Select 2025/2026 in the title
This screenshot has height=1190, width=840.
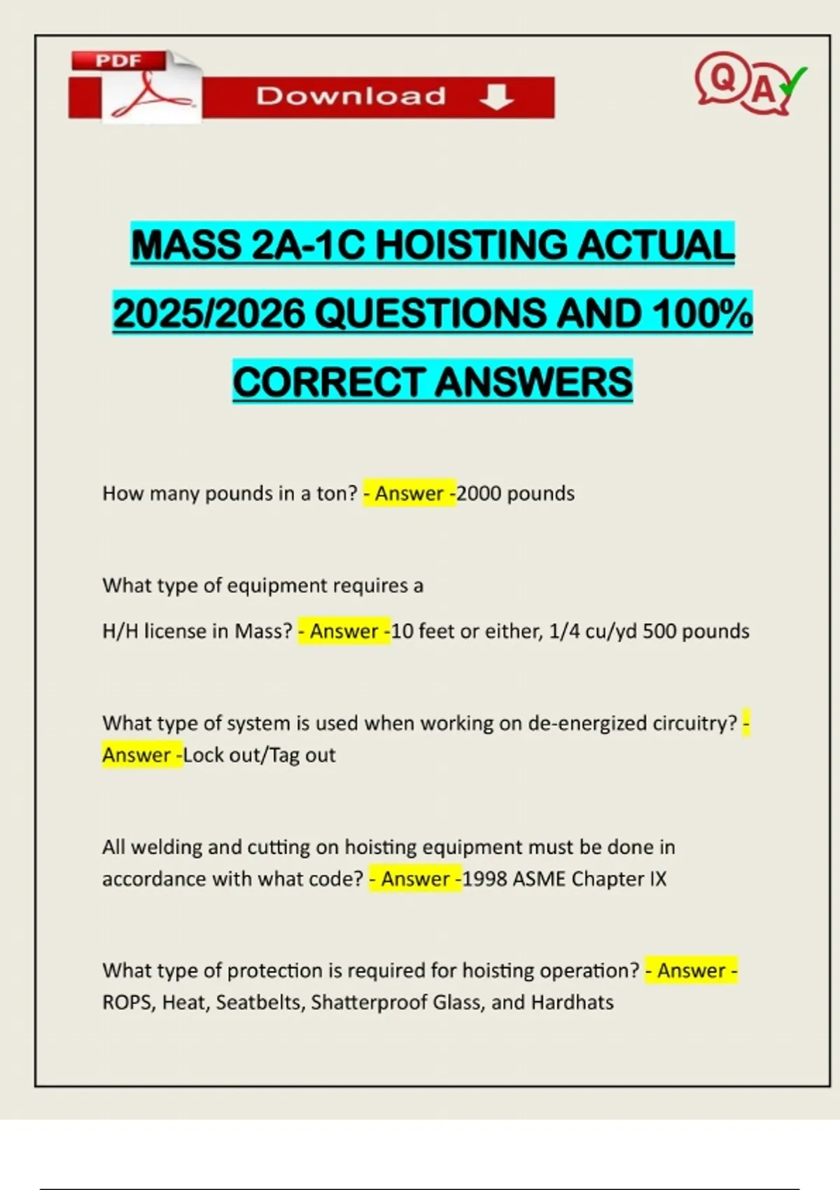[x=209, y=313]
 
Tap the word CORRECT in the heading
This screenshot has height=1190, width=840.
[x=329, y=382]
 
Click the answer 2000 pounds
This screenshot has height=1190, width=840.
[x=516, y=493]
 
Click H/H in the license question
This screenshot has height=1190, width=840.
[x=120, y=631]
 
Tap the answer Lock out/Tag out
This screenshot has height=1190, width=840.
[x=260, y=755]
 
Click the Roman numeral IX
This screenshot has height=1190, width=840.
[x=657, y=879]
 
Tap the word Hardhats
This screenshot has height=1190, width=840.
[x=572, y=1002]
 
